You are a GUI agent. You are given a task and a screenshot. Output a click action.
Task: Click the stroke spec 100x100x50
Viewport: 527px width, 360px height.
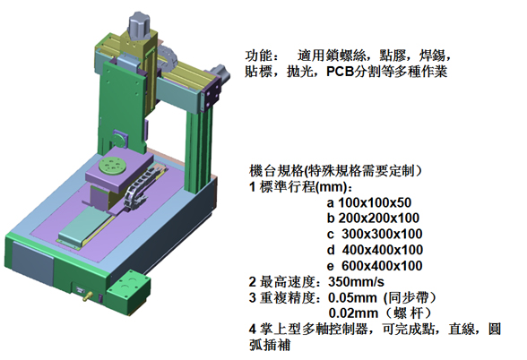point(375,202)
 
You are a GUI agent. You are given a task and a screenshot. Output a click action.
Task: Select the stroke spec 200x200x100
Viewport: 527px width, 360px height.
point(379,219)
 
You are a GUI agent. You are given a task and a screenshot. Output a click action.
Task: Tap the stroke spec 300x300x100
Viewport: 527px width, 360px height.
point(382,234)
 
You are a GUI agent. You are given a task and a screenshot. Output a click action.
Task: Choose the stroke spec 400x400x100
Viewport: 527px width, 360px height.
point(383,250)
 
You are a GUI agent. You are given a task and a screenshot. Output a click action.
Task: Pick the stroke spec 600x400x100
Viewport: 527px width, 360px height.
point(382,266)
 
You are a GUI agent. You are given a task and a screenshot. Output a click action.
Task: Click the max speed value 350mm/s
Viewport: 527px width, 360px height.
point(357,282)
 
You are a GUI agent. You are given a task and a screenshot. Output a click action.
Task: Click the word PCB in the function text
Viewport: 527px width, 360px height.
point(341,72)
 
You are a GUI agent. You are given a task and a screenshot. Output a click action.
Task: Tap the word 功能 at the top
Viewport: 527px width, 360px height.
point(258,56)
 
